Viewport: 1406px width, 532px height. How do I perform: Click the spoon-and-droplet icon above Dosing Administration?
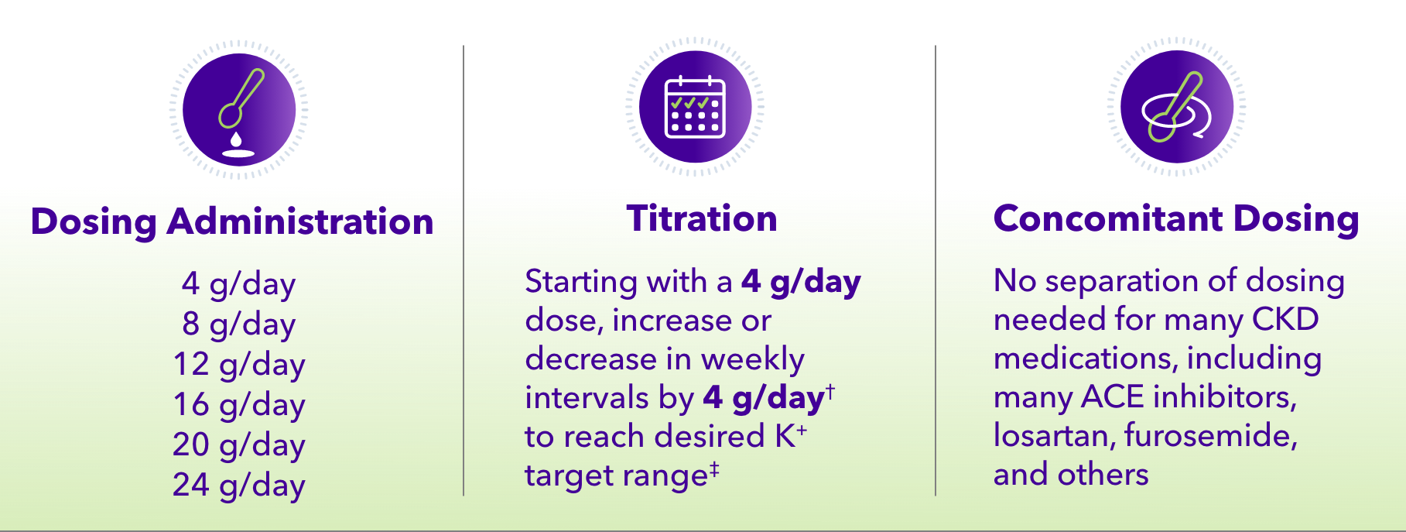point(239,109)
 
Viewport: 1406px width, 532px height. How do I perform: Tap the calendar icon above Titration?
point(694,106)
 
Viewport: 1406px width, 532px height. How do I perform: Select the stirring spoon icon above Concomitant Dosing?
point(1176,107)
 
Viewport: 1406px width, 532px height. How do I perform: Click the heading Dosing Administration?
point(232,222)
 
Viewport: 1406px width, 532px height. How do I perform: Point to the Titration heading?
point(701,219)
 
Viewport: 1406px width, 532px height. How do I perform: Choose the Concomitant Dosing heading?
point(1175,219)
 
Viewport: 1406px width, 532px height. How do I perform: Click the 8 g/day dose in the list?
point(238,324)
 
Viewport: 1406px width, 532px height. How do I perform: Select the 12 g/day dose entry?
point(238,365)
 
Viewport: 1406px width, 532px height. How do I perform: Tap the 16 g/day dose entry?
point(238,405)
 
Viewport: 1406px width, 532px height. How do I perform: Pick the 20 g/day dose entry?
point(238,445)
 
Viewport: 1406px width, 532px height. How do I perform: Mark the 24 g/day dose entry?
point(238,486)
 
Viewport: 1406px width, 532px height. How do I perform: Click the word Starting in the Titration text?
point(577,283)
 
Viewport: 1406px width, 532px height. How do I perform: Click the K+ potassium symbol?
point(790,436)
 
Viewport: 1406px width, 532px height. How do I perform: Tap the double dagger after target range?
point(714,469)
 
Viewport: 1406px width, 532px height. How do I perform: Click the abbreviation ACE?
point(1112,397)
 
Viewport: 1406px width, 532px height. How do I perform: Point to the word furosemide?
point(1210,436)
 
